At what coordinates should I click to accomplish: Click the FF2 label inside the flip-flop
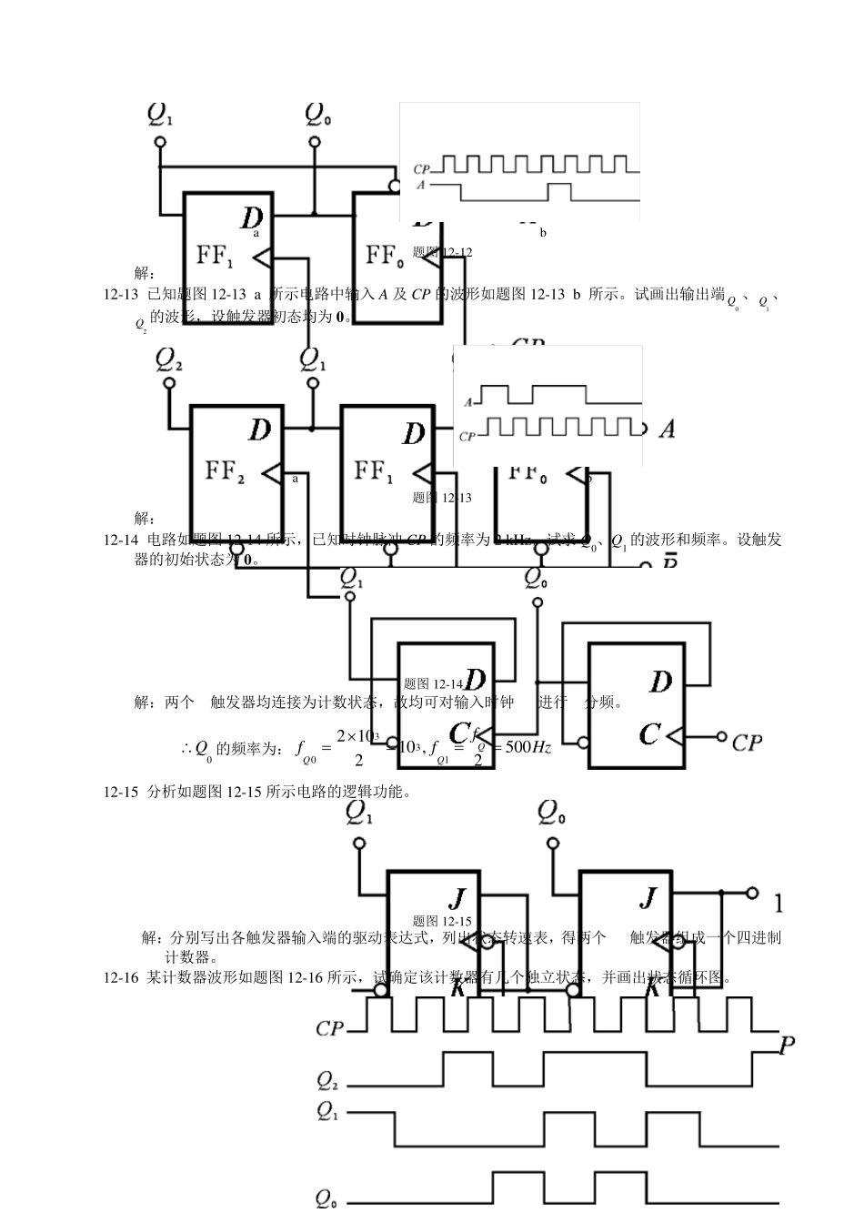point(225,470)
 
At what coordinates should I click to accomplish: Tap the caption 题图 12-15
point(442,921)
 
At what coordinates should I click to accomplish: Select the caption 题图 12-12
point(442,252)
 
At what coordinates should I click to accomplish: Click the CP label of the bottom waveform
point(329,1028)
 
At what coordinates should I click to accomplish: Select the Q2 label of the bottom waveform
point(327,1080)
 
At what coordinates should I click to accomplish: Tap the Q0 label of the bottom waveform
point(327,1198)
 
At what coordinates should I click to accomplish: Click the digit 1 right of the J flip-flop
point(779,904)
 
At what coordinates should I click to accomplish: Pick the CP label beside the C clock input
point(747,743)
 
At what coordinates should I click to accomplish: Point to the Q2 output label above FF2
point(168,359)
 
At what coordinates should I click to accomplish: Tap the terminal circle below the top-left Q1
point(161,142)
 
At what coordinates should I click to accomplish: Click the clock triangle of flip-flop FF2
point(271,473)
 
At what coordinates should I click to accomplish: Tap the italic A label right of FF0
point(667,429)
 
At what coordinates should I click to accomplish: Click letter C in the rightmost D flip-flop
point(649,734)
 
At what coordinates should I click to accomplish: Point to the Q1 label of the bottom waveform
point(327,1112)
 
